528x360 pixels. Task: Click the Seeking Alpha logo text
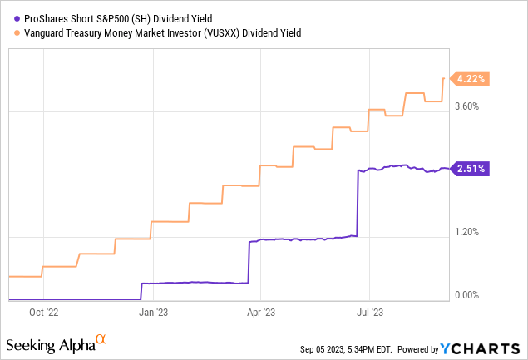50,344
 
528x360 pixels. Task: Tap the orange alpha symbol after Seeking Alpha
101,339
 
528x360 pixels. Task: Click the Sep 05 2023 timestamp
342,348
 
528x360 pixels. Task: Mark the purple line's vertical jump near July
357,204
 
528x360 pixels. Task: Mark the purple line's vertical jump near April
249,262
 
